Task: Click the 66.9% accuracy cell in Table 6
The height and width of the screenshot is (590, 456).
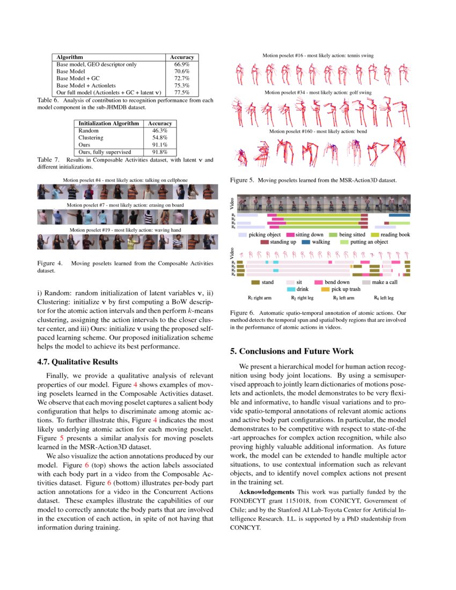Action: (182, 64)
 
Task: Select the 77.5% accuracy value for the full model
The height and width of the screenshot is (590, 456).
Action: (182, 92)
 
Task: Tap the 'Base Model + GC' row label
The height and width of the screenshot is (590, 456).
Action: (74, 78)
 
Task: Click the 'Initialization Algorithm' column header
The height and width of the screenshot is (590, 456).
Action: (109, 123)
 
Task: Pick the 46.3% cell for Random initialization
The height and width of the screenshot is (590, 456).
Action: (160, 130)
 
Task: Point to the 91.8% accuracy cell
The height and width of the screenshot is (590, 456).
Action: (160, 152)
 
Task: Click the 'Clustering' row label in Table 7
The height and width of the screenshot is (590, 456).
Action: (91, 138)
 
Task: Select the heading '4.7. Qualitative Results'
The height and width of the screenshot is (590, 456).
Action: (77, 362)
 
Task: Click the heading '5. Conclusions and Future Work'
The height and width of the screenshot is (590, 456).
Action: (292, 351)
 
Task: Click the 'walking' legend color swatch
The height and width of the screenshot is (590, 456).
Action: (306, 242)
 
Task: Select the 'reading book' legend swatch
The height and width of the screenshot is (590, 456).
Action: (374, 235)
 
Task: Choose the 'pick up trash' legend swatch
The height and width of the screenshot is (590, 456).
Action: (325, 289)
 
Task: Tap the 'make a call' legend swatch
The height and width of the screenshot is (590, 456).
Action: (366, 282)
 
